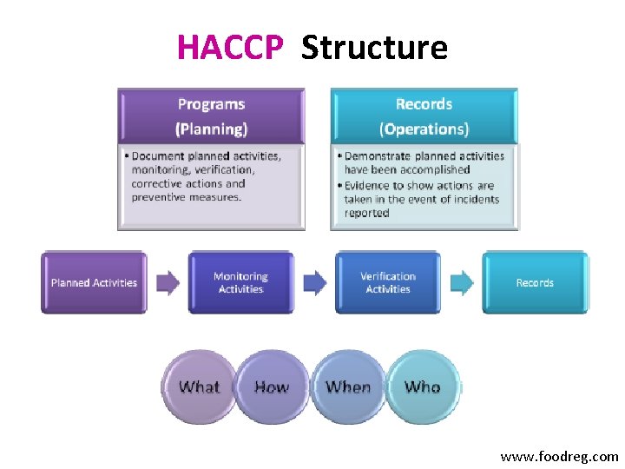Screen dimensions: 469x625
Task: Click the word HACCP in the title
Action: click(x=229, y=47)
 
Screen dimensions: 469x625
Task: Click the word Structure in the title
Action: click(x=374, y=47)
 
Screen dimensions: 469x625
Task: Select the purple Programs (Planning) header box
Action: click(x=211, y=116)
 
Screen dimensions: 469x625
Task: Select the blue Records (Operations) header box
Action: click(x=424, y=116)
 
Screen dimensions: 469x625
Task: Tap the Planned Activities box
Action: click(x=94, y=282)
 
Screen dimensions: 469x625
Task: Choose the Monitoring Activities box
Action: click(x=240, y=282)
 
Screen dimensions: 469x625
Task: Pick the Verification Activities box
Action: click(x=388, y=282)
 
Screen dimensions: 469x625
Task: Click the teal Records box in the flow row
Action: click(x=535, y=282)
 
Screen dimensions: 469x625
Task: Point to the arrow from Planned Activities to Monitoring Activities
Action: click(x=168, y=282)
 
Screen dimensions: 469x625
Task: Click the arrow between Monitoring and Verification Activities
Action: click(x=314, y=282)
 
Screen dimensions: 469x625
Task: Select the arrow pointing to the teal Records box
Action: click(x=462, y=282)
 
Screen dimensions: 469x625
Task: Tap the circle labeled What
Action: click(x=199, y=387)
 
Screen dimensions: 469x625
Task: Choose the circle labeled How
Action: click(x=271, y=387)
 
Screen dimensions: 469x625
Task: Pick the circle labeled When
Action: click(x=347, y=387)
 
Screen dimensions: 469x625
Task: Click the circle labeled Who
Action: click(x=423, y=387)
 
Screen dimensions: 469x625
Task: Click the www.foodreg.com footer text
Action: click(x=559, y=456)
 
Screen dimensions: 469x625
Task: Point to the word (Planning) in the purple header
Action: click(x=211, y=129)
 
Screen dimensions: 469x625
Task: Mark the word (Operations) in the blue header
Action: click(x=424, y=129)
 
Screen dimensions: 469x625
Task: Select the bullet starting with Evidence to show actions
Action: click(x=422, y=199)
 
